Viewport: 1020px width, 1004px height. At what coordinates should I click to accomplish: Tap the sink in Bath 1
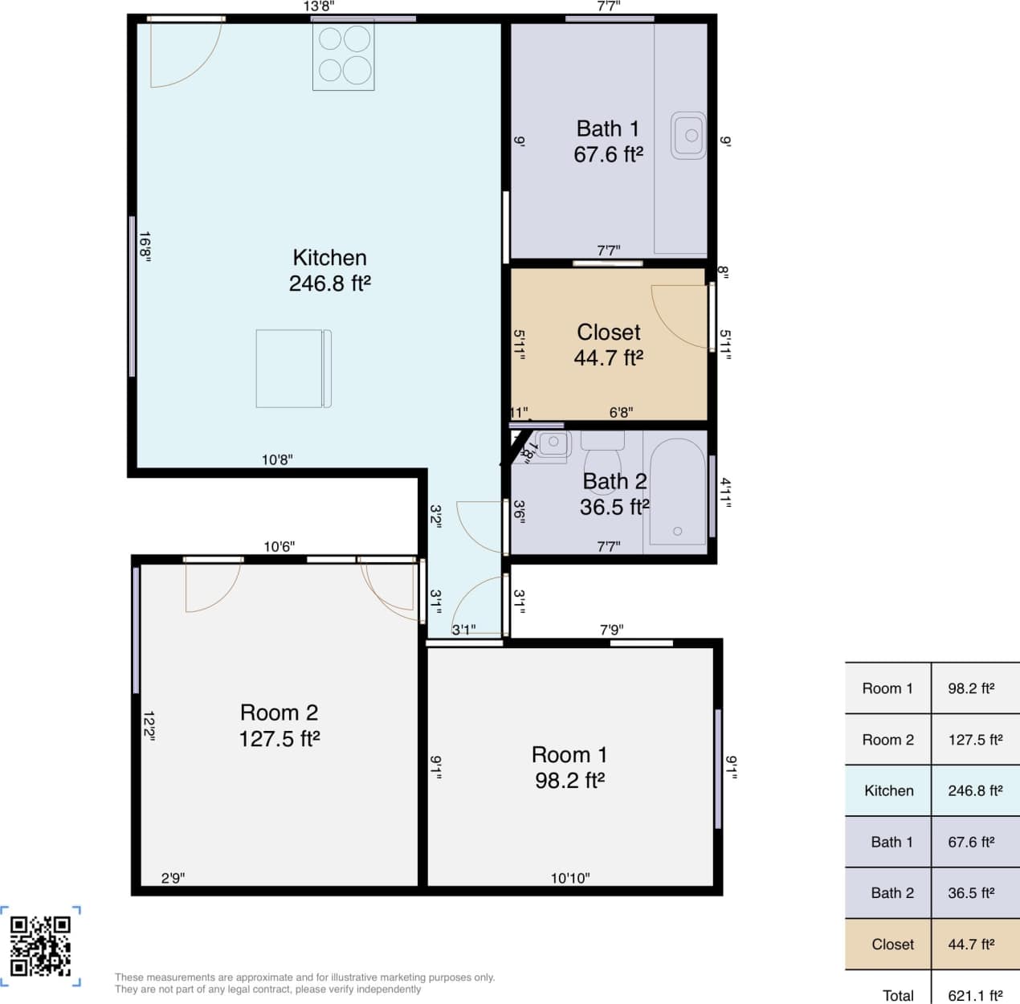[x=688, y=135]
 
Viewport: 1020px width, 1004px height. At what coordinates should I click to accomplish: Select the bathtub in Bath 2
[x=677, y=492]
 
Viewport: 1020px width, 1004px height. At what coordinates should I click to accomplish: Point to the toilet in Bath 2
[x=602, y=462]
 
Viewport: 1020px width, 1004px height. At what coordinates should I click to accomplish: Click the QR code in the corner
[x=40, y=945]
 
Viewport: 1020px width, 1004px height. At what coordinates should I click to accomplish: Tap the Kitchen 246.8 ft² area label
[x=329, y=271]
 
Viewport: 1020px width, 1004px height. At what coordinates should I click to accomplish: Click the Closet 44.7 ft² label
[x=608, y=345]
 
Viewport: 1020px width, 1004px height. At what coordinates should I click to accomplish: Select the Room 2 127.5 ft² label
[x=279, y=725]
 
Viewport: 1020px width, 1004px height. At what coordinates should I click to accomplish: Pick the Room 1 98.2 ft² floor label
[x=569, y=767]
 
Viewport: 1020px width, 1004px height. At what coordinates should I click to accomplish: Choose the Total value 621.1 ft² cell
[x=975, y=995]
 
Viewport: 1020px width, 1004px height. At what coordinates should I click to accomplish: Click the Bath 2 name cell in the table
[x=891, y=892]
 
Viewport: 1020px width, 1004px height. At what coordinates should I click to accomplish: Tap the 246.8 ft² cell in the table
[x=975, y=790]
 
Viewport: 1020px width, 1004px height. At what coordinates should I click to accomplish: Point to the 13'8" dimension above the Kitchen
[x=319, y=7]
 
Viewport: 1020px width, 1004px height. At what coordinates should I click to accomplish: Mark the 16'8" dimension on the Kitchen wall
[x=145, y=247]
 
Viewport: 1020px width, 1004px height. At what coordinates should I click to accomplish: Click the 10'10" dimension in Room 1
[x=569, y=878]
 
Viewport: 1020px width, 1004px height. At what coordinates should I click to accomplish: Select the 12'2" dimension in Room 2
[x=149, y=725]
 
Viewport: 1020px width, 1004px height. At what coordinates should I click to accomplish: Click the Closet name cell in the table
[x=891, y=944]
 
